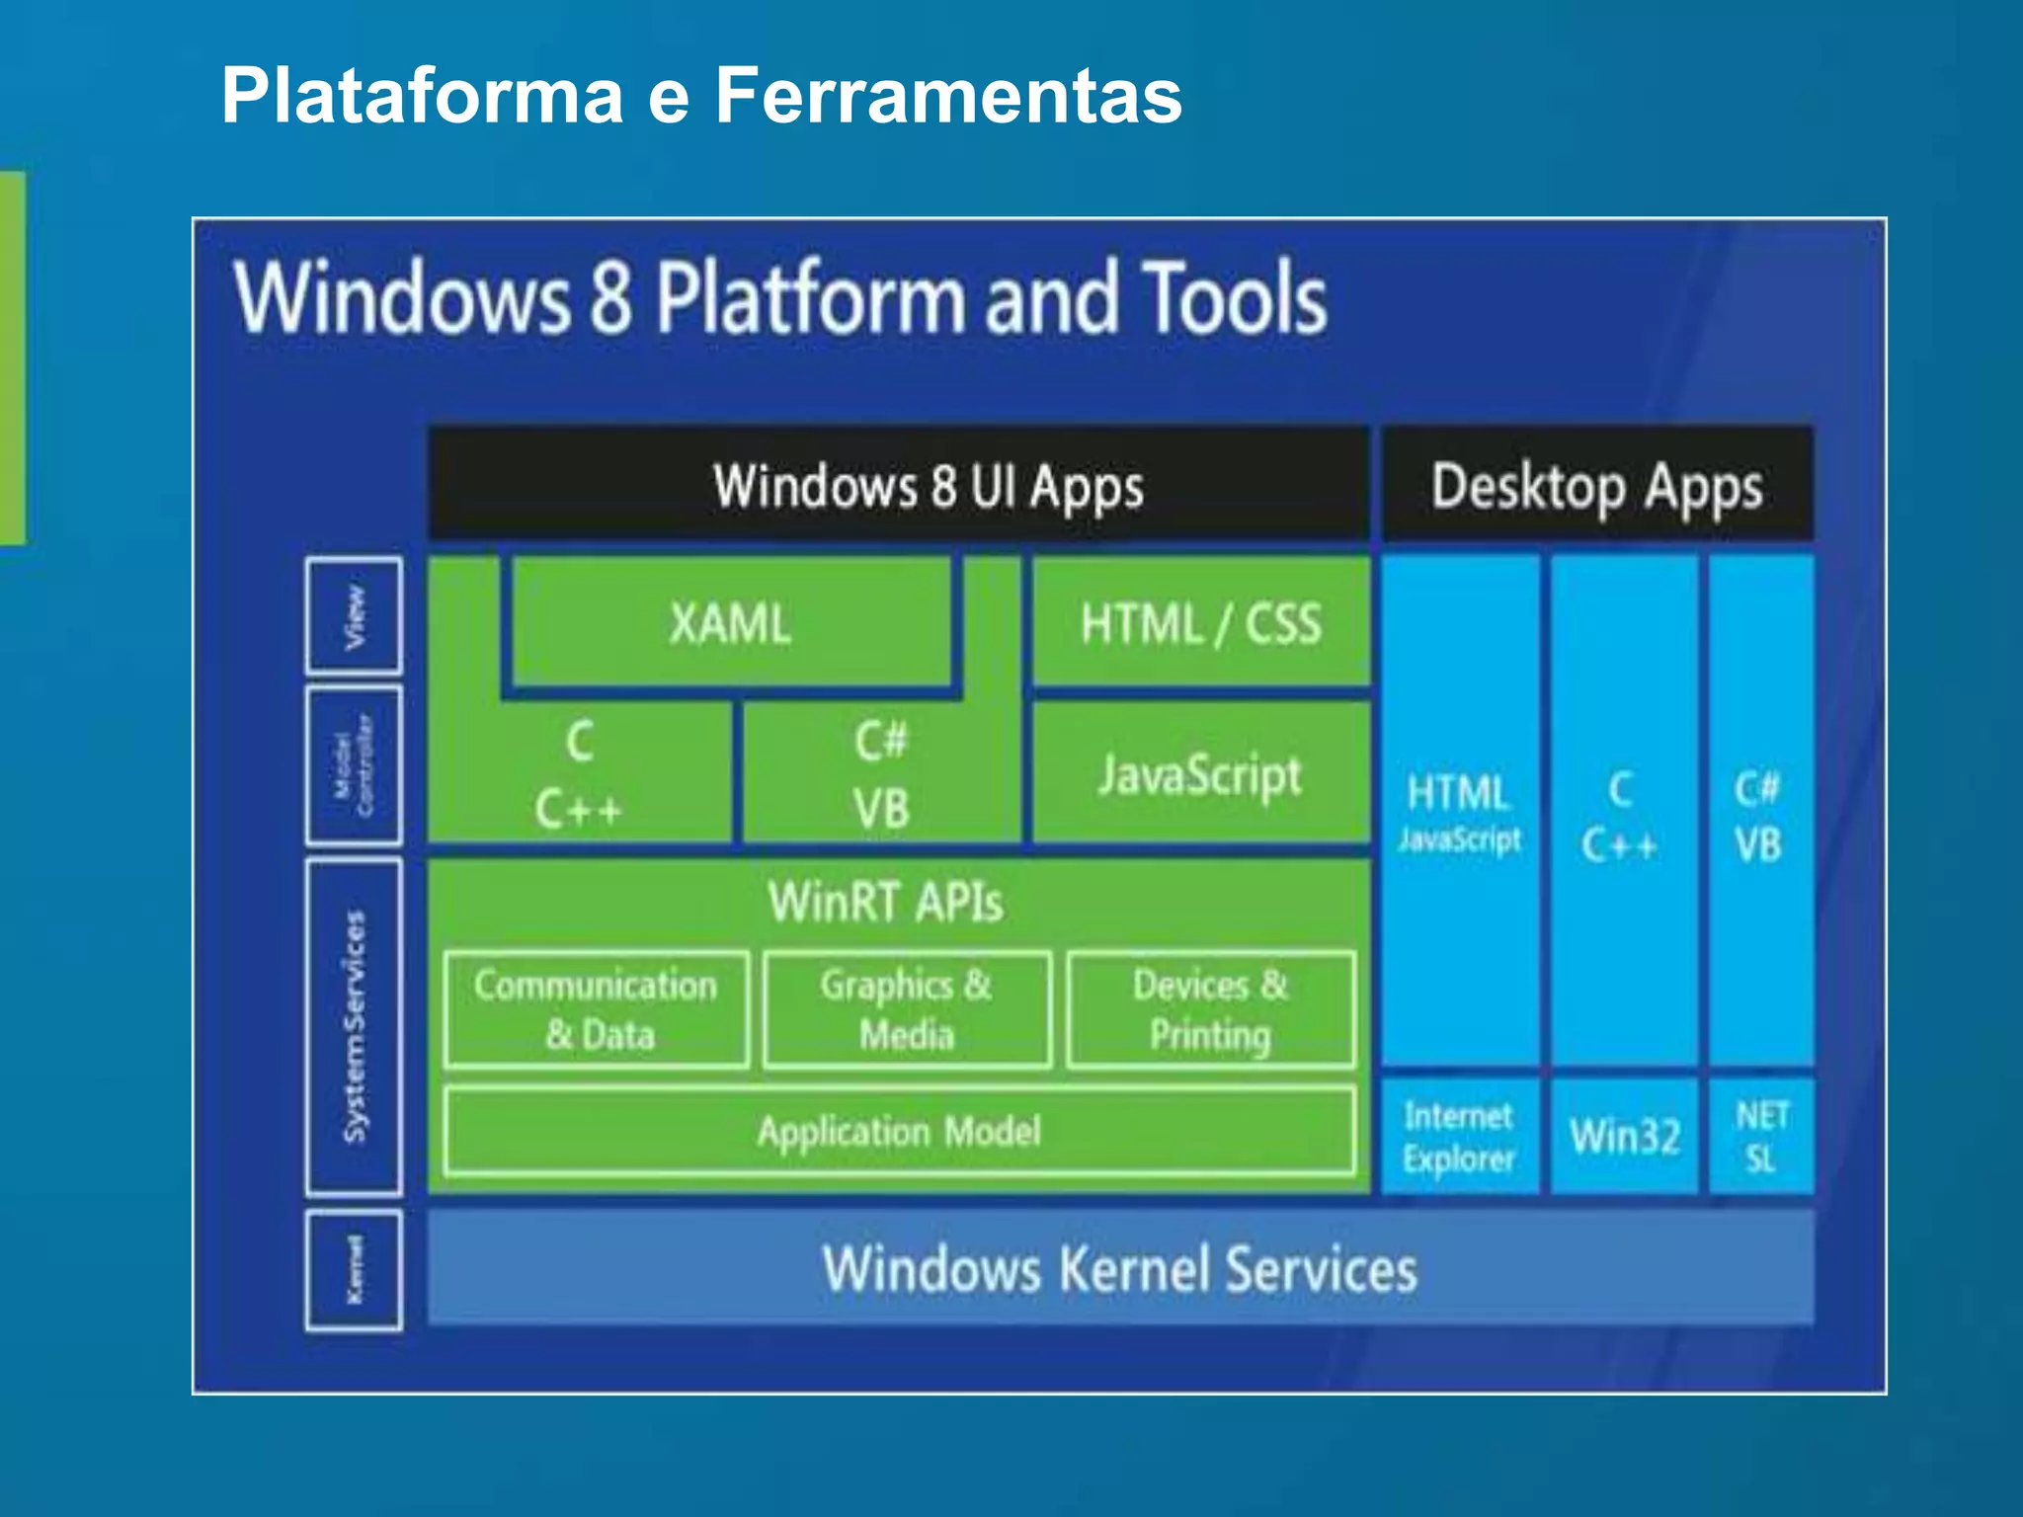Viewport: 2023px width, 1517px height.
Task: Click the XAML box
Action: (x=731, y=623)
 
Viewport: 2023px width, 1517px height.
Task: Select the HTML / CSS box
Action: (x=1200, y=623)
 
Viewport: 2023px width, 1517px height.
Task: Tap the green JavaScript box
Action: (x=1200, y=774)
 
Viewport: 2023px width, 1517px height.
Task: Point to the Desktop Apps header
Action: (x=1596, y=485)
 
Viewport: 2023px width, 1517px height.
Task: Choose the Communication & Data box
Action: (x=596, y=1009)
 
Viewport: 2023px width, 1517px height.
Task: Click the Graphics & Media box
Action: (x=907, y=1009)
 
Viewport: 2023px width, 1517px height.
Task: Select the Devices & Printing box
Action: (x=1210, y=1009)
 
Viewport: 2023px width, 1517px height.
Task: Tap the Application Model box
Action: (x=899, y=1132)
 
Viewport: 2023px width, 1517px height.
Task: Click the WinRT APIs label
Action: (x=886, y=902)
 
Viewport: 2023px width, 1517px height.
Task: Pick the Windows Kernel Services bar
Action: (x=1119, y=1269)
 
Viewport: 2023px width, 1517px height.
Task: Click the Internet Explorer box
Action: (x=1459, y=1137)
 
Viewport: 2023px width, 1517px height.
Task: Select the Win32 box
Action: (x=1624, y=1137)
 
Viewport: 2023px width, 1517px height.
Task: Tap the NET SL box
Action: (x=1761, y=1137)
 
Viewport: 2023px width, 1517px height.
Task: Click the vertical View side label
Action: (x=354, y=616)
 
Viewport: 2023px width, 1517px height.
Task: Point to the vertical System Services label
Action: (x=354, y=1026)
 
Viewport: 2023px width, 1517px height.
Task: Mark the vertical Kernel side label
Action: (x=354, y=1270)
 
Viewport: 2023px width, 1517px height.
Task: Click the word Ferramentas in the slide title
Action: (x=947, y=96)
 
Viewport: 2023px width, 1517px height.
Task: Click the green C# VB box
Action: (x=880, y=775)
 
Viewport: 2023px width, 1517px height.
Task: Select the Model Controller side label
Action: (x=354, y=766)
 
